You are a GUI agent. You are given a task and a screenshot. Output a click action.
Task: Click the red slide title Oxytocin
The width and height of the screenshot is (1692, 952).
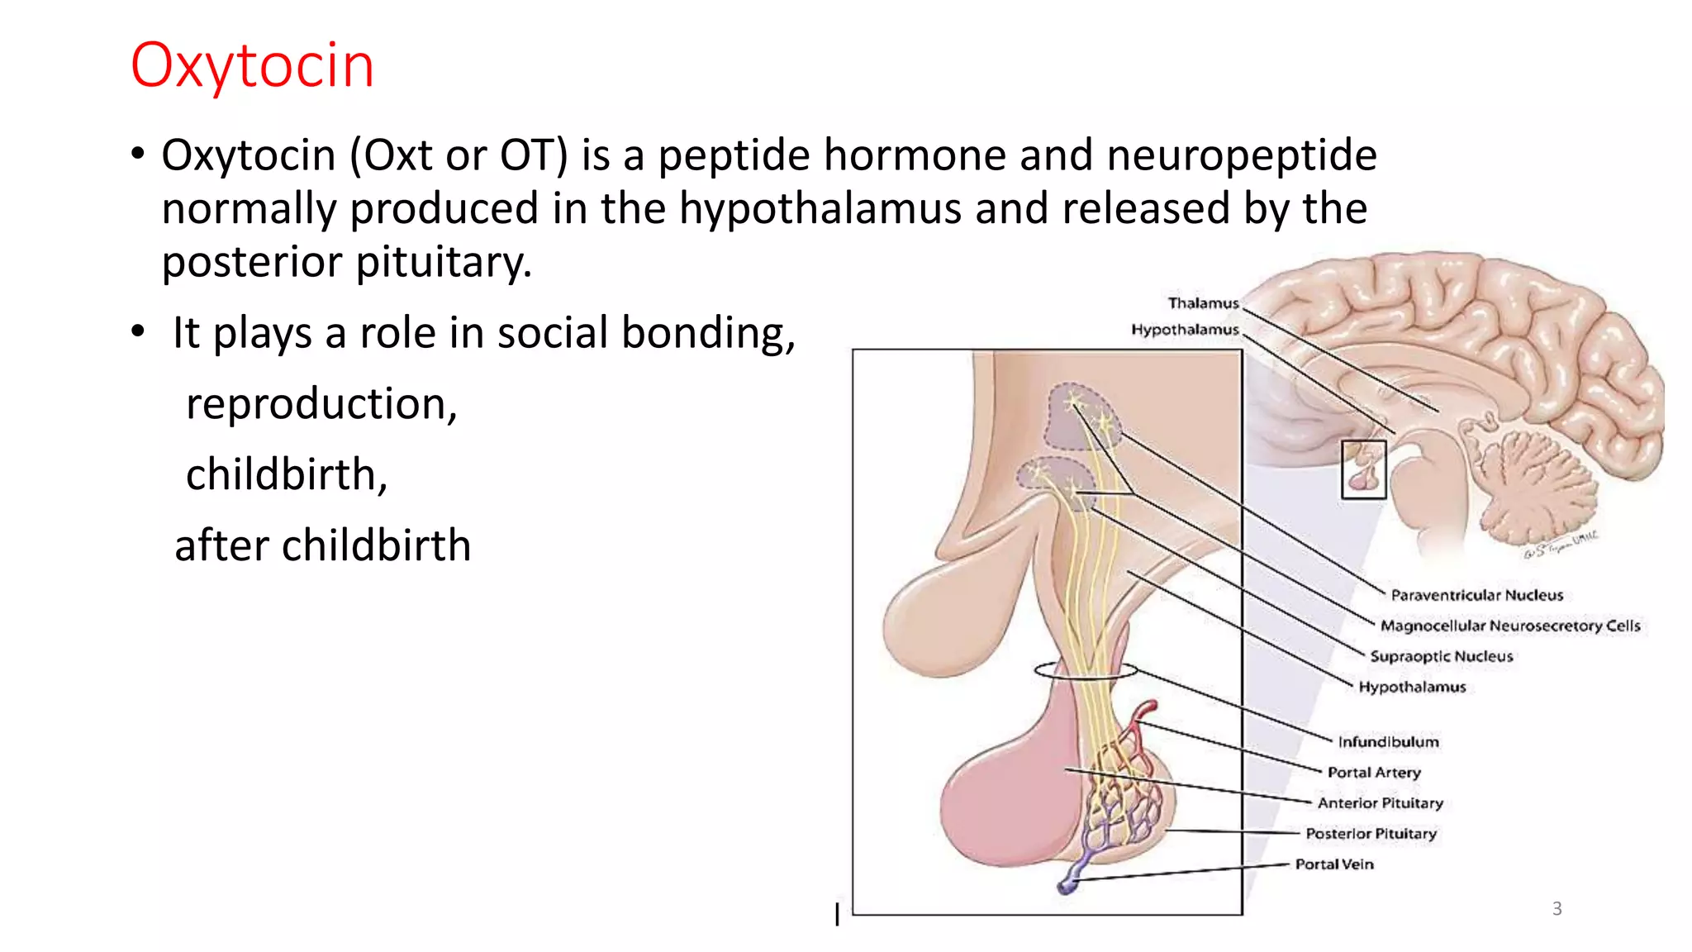pyautogui.click(x=252, y=65)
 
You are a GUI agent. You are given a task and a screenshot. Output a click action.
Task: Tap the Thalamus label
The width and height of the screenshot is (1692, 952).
pyautogui.click(x=1203, y=303)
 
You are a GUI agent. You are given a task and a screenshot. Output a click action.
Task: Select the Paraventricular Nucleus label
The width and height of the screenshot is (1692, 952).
pyautogui.click(x=1476, y=595)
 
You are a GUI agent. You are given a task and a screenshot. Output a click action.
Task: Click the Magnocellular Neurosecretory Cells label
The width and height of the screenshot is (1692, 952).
pyautogui.click(x=1509, y=626)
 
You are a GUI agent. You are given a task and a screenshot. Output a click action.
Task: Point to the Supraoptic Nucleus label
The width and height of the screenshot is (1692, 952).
pyautogui.click(x=1441, y=656)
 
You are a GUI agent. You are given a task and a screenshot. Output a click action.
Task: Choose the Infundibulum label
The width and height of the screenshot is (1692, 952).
pyautogui.click(x=1388, y=742)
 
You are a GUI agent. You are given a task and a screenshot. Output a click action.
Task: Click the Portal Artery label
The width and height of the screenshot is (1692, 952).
pyautogui.click(x=1374, y=773)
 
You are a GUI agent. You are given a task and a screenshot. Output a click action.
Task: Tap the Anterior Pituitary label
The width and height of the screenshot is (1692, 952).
pyautogui.click(x=1380, y=803)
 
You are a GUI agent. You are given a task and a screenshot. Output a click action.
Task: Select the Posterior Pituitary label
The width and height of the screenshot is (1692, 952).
pyautogui.click(x=1371, y=834)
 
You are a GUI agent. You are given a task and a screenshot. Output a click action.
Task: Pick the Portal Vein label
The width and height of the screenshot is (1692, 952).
pyautogui.click(x=1334, y=864)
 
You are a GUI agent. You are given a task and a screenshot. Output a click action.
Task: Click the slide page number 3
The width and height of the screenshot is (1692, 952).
pyautogui.click(x=1557, y=909)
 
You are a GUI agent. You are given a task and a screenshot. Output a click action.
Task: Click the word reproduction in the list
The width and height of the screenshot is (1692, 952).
pyautogui.click(x=321, y=404)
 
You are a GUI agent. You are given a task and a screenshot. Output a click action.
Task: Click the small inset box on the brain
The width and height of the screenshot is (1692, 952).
pyautogui.click(x=1363, y=469)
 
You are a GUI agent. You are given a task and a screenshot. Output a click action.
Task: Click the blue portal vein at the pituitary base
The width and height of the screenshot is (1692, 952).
pyautogui.click(x=1071, y=883)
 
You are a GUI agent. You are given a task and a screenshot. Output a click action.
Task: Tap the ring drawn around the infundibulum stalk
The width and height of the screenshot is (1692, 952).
pyautogui.click(x=1085, y=670)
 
